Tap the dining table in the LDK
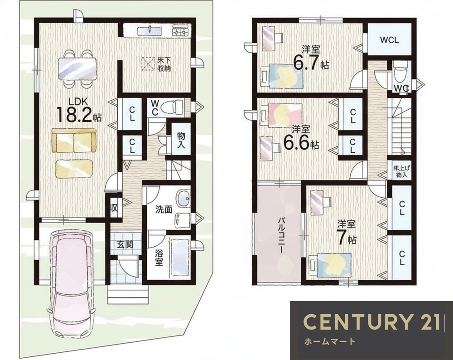[77, 68]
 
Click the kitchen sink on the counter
[150, 30]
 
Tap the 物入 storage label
[181, 140]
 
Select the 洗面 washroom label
[164, 209]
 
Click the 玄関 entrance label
[125, 244]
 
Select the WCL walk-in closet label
[389, 40]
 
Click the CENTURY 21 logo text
[372, 321]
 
